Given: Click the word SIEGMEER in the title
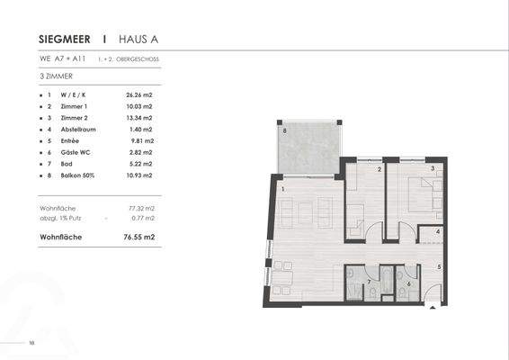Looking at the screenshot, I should (x=67, y=40).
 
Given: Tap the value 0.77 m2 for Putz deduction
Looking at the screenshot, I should (x=143, y=218).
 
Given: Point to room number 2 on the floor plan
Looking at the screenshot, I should (x=380, y=169).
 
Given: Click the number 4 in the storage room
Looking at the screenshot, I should (x=437, y=232).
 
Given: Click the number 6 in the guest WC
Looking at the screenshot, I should (x=409, y=283).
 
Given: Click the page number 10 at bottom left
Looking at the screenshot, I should (x=31, y=342).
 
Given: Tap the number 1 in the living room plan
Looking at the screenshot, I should (x=282, y=190).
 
